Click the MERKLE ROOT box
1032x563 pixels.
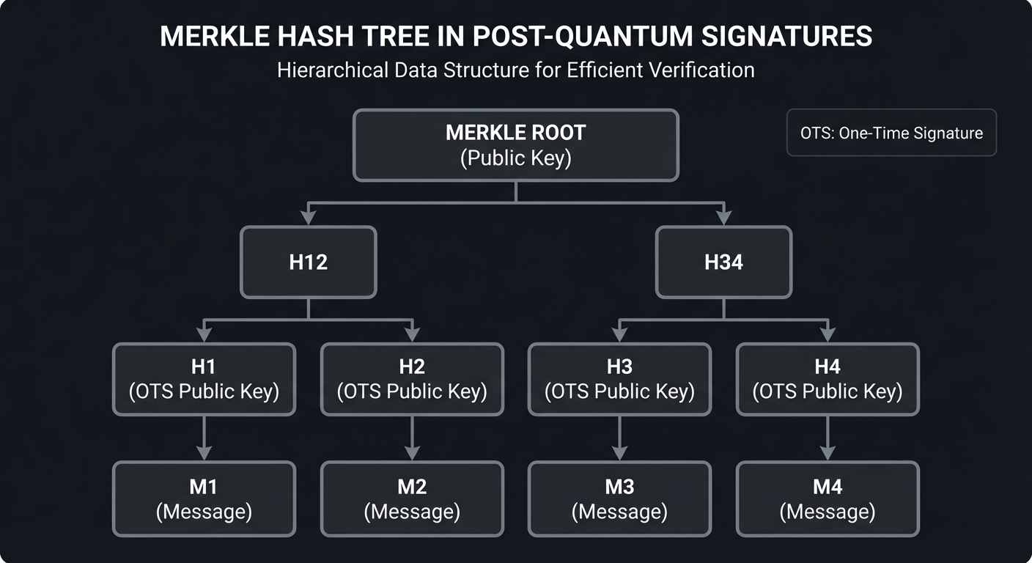515,145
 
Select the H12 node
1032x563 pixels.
308,262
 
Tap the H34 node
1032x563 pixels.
723,262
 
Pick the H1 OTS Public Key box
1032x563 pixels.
204,379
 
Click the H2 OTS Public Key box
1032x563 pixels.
412,379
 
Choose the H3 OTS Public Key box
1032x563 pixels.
619,379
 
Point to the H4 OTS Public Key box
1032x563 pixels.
828,379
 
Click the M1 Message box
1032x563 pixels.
204,498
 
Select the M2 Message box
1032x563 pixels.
412,498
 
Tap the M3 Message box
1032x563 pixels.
619,498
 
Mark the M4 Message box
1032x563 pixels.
828,498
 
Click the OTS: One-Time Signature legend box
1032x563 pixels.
891,133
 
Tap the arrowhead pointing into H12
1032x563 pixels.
308,218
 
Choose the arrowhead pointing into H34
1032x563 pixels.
723,218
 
